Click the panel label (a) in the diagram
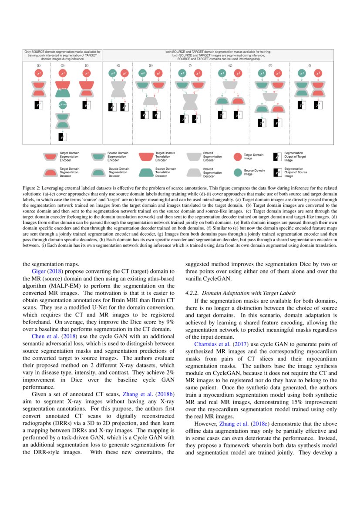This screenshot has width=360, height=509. coord(38,65)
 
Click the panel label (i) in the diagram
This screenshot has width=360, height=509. coord(310,65)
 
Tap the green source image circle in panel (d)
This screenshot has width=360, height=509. coord(113,74)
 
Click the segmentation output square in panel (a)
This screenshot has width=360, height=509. coord(39,104)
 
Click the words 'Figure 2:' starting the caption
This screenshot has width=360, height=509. coord(32,189)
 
